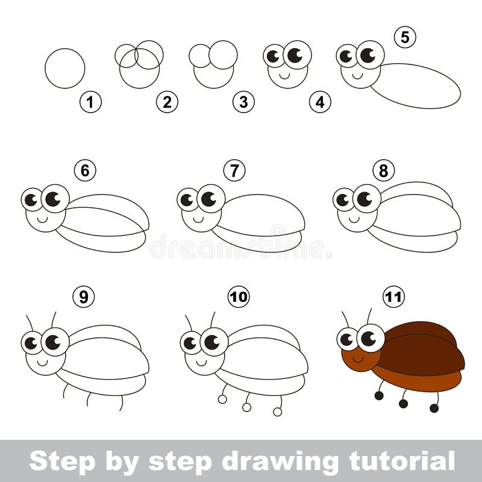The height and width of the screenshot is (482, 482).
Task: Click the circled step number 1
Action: click(90, 102)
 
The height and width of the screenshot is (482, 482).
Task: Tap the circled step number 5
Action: click(405, 37)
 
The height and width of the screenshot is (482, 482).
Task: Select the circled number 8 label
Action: click(383, 171)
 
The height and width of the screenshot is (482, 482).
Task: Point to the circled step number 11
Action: click(394, 296)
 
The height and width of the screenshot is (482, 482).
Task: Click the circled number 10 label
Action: click(239, 296)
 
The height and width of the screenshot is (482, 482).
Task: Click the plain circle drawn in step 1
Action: click(64, 68)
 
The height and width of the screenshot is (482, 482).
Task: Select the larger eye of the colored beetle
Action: click(370, 337)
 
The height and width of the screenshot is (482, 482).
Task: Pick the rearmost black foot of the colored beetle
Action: click(434, 408)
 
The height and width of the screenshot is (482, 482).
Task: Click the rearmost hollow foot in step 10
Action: click(277, 412)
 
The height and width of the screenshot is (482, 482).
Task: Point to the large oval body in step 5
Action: click(416, 86)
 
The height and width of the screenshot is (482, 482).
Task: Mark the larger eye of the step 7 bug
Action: click(210, 198)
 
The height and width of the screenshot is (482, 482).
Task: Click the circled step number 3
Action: click(243, 102)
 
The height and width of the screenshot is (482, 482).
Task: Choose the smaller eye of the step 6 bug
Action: click(32, 199)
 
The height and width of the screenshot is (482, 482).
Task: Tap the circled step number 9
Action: click(83, 296)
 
